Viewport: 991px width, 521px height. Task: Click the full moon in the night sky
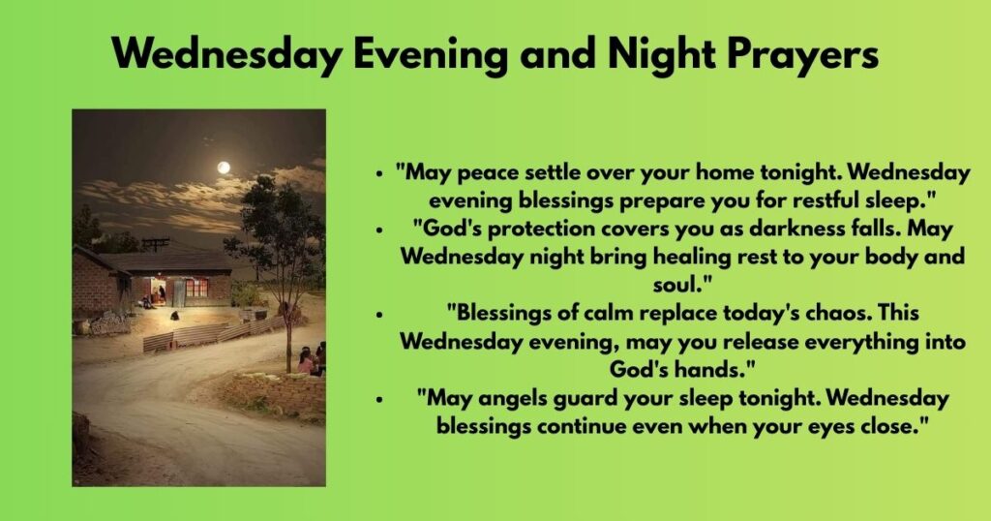click(x=224, y=168)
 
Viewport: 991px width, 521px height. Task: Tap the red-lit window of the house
click(x=197, y=287)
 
